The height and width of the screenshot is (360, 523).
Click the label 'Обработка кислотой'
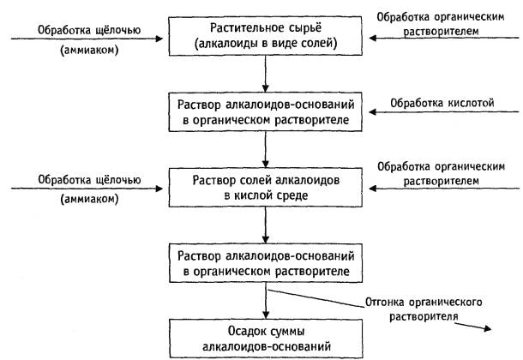click(x=442, y=103)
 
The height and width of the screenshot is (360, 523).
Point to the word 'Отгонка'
click(x=385, y=303)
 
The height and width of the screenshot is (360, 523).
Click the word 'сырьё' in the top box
click(x=303, y=28)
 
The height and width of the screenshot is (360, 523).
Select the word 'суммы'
click(x=287, y=332)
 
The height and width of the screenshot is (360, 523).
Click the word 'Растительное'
click(x=245, y=28)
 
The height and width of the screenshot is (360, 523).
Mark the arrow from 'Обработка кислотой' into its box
click(x=444, y=112)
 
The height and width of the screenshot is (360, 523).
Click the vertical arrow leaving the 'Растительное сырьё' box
click(x=266, y=74)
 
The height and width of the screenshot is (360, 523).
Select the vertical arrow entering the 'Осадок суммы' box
click(x=266, y=301)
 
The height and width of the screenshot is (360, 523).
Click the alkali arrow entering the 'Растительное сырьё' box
click(x=87, y=39)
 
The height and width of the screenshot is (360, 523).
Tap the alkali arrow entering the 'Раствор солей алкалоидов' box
click(x=87, y=189)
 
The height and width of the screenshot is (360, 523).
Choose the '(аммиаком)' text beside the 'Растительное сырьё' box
click(x=89, y=51)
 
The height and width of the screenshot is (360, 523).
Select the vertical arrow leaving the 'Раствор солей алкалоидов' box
click(x=266, y=225)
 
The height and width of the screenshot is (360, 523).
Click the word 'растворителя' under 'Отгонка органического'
click(x=424, y=316)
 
